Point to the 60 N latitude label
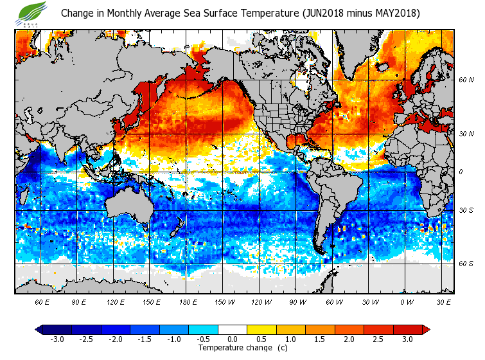[x=466, y=80]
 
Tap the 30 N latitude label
[x=466, y=134]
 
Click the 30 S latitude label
[x=466, y=211]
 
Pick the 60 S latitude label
[x=466, y=264]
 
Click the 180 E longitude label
[x=188, y=302]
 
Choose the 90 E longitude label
[x=78, y=302]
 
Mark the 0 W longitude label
[x=406, y=302]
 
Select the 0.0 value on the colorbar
[x=233, y=339]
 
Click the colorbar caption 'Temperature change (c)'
[x=243, y=348]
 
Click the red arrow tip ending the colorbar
[x=427, y=329]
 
